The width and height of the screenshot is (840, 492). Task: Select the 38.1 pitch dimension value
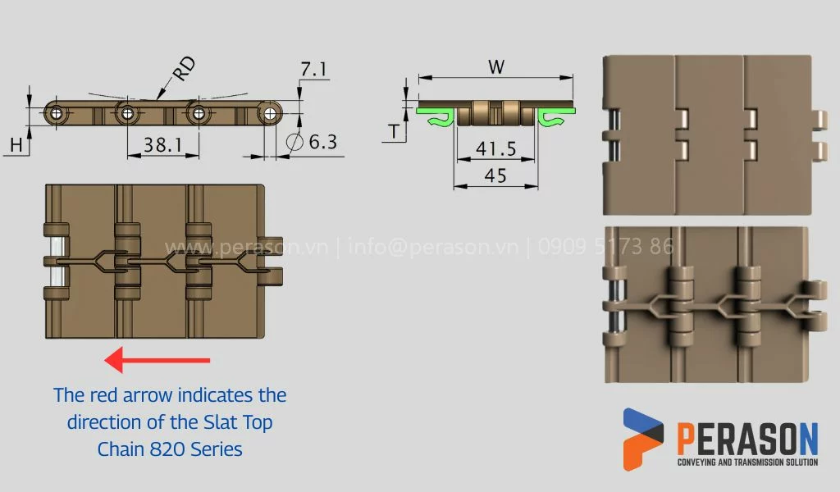click(162, 145)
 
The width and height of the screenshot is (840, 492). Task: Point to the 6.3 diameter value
click(322, 142)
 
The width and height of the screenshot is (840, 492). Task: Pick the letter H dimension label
click(16, 145)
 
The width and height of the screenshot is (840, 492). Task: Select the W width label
click(495, 67)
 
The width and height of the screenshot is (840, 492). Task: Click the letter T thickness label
click(395, 131)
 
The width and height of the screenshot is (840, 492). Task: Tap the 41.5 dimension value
click(495, 148)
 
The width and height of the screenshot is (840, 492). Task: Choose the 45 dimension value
click(495, 175)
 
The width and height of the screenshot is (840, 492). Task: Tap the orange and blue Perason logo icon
click(642, 439)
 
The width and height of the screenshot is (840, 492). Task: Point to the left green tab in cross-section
click(435, 116)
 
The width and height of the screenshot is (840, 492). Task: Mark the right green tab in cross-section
click(557, 116)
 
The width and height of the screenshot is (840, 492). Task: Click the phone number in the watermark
click(607, 247)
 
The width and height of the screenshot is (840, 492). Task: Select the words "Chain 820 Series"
click(170, 449)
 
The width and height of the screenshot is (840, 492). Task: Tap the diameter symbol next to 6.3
click(294, 142)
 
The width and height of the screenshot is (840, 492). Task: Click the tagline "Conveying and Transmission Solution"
click(746, 462)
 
